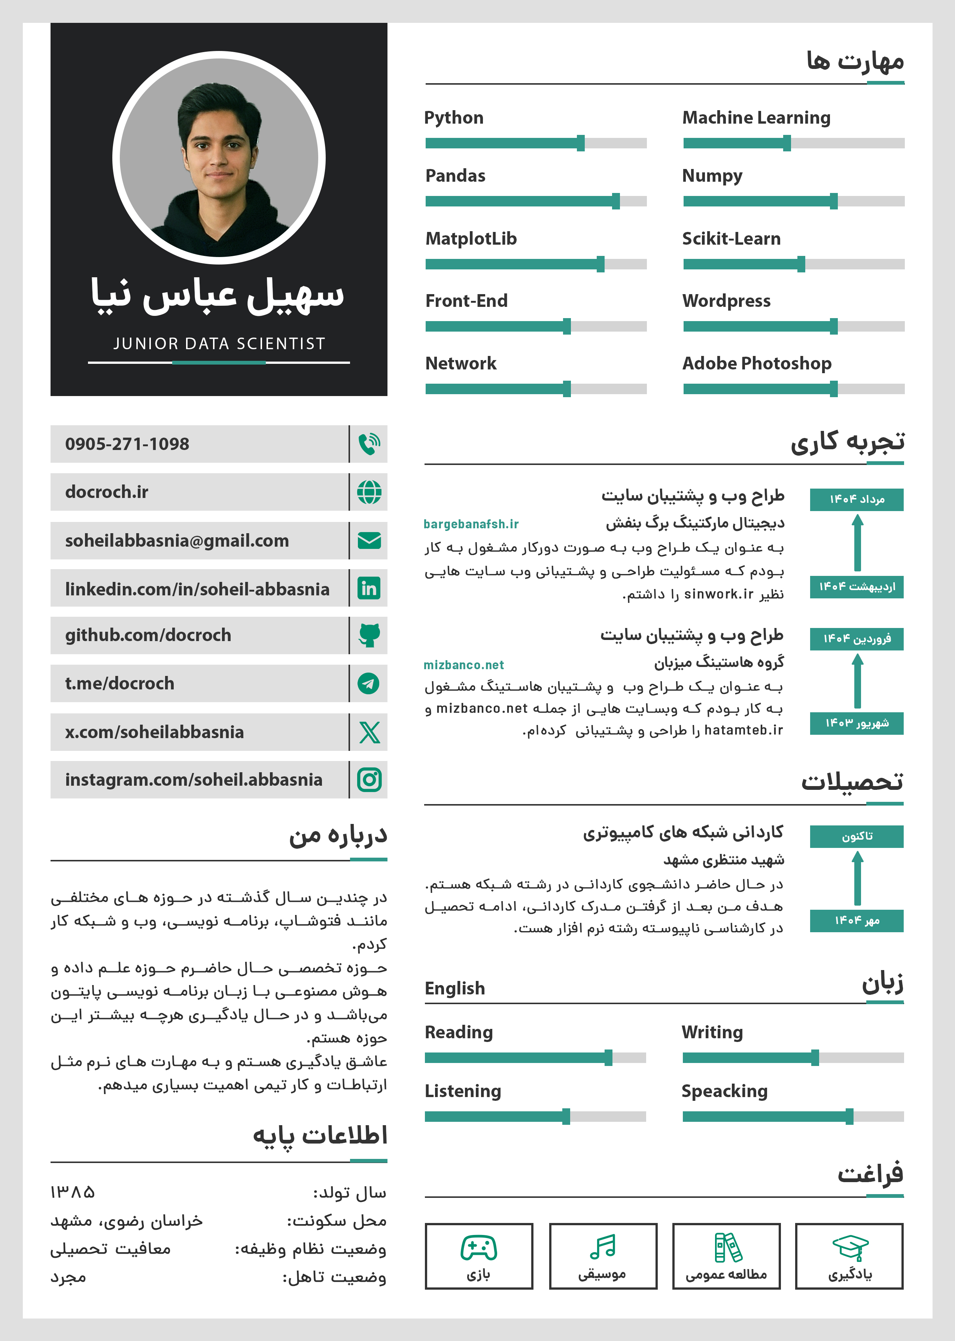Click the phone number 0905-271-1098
click(x=127, y=444)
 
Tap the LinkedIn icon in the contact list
click(x=369, y=588)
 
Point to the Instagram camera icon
click(x=369, y=780)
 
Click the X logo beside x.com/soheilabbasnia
click(x=369, y=732)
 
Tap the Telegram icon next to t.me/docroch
click(x=369, y=684)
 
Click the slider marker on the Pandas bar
click(x=616, y=201)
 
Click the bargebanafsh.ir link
click(x=471, y=524)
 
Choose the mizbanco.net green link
click(x=463, y=665)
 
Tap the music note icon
click(x=602, y=1246)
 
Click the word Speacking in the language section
click(x=724, y=1091)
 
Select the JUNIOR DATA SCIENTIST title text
click(x=219, y=344)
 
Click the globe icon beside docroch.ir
click(x=369, y=492)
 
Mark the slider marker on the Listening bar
click(x=566, y=1116)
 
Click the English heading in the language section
click(x=454, y=988)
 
